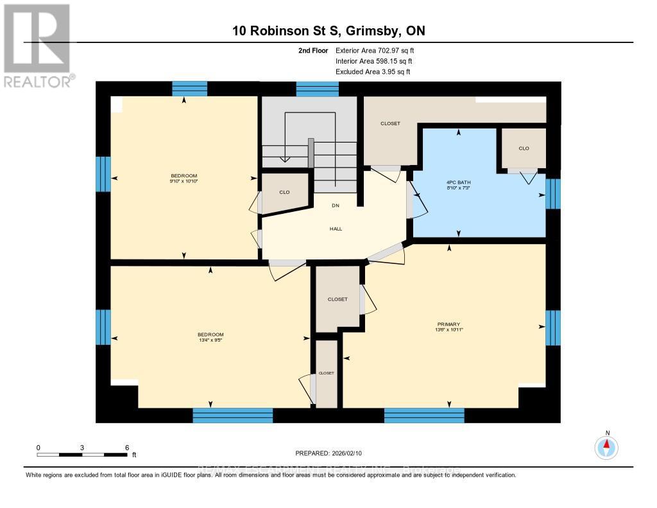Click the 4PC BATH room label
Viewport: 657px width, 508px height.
[x=460, y=182]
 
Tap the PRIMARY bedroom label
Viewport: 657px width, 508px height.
[x=449, y=324]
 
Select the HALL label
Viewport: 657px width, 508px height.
[x=336, y=229]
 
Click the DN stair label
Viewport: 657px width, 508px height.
[x=335, y=206]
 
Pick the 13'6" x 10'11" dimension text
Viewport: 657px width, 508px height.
[x=449, y=330]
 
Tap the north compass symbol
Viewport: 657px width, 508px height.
[x=607, y=446]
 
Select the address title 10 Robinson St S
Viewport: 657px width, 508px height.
[x=328, y=31]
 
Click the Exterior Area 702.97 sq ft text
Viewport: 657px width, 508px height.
[x=379, y=50]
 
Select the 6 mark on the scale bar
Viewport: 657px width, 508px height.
[x=127, y=447]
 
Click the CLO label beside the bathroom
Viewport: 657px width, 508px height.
[x=524, y=148]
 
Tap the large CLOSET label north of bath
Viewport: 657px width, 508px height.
[x=390, y=123]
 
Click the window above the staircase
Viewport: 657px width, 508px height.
[x=317, y=89]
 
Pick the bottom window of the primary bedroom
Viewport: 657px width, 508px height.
[x=424, y=415]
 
